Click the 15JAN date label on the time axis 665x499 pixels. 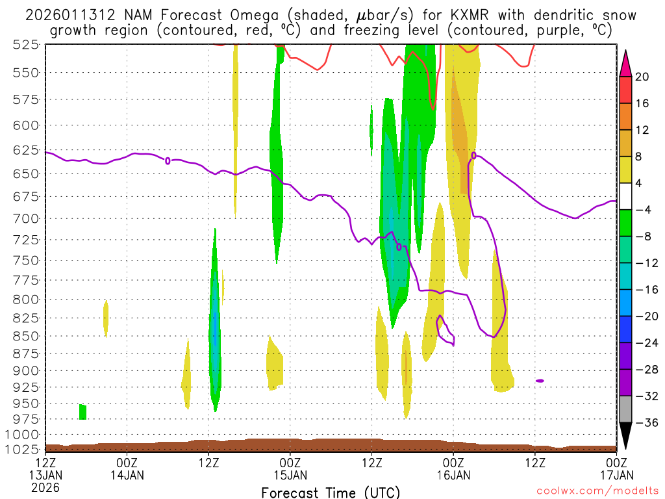tap(290, 474)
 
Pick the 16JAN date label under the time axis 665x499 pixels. tap(453, 474)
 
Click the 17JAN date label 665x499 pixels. tap(616, 474)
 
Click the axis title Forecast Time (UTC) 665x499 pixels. tap(331, 492)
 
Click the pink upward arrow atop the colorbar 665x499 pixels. tap(626, 62)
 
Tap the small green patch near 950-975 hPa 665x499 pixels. tap(82, 411)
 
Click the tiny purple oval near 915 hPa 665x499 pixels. tap(540, 381)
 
